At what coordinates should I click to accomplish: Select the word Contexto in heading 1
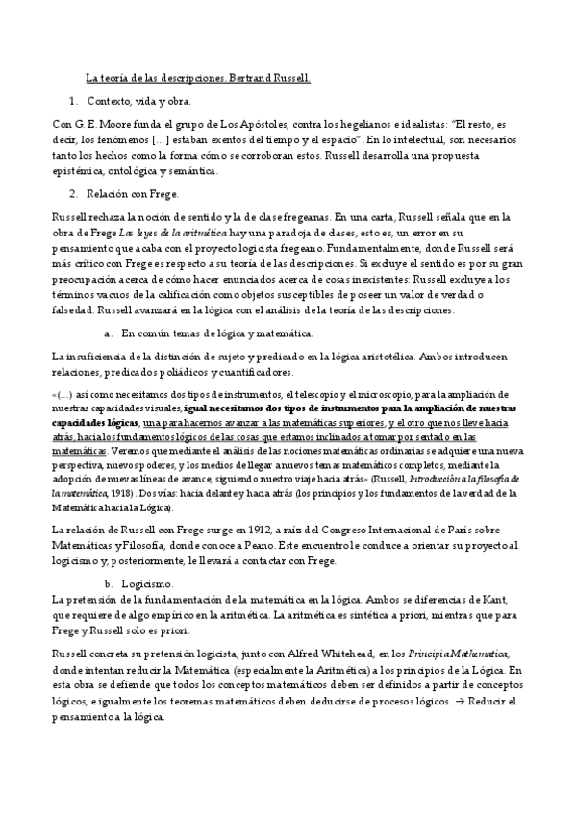[x=108, y=101]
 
